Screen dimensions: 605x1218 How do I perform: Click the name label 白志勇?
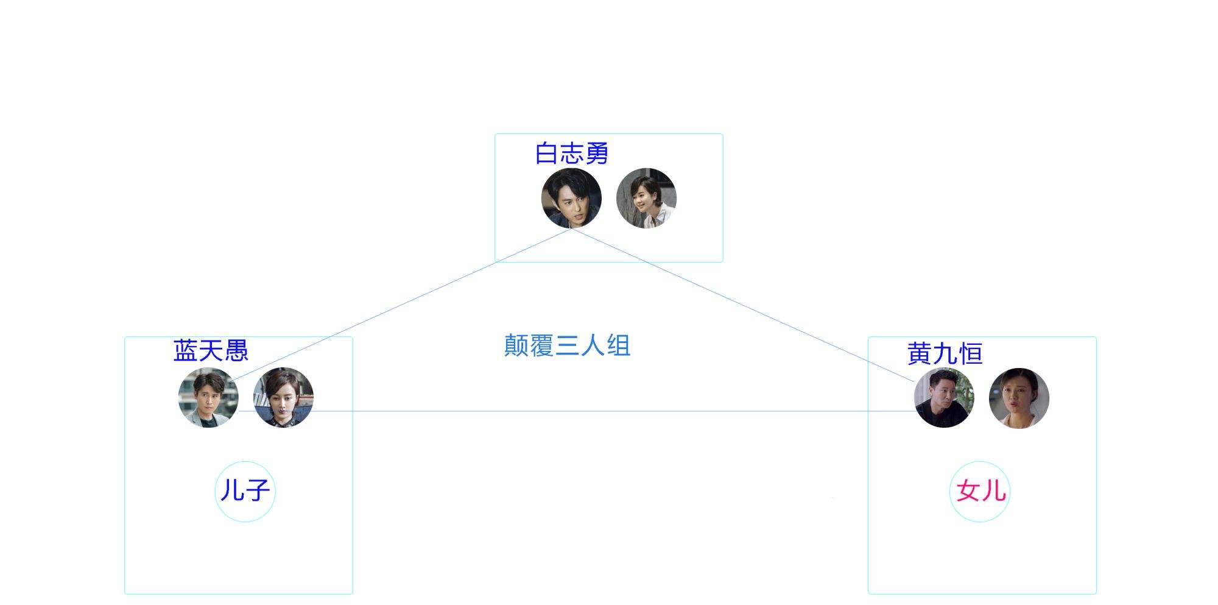(572, 154)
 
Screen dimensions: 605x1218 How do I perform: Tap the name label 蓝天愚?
(211, 351)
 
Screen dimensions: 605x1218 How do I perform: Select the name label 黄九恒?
(945, 353)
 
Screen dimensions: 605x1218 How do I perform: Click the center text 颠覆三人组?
(567, 345)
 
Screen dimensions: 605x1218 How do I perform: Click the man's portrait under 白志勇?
(571, 198)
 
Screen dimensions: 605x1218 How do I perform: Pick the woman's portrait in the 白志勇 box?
(646, 198)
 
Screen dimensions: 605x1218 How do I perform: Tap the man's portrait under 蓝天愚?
(208, 397)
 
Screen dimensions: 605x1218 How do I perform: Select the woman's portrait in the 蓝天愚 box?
(283, 397)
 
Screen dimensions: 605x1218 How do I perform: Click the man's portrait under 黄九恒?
(944, 398)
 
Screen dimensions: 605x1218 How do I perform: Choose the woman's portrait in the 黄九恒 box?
(1019, 398)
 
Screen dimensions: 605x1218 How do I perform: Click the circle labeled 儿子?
(245, 491)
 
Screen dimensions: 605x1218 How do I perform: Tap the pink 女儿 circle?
(980, 491)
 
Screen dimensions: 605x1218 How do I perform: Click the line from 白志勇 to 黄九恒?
(743, 305)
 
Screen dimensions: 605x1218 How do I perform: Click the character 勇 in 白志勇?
(597, 154)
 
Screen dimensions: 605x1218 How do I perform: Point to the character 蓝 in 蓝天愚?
(186, 351)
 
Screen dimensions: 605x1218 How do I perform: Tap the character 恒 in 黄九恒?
(970, 353)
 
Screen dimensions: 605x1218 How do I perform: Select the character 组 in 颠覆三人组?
(618, 345)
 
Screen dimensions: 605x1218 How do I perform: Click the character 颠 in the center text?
(516, 345)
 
